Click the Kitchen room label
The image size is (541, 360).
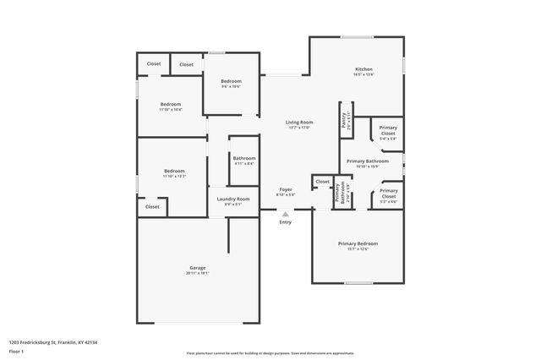point(363,69)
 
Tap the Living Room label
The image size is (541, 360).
point(300,122)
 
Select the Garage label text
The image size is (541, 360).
point(197,268)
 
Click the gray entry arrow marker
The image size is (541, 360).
point(286,215)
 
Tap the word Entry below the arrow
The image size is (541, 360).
point(286,222)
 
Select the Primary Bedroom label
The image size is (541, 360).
point(358,243)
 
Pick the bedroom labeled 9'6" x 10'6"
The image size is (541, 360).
point(231,81)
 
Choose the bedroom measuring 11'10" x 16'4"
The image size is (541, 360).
point(170,104)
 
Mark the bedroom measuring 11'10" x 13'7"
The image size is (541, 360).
point(174,171)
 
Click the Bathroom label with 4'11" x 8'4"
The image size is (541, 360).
point(244,157)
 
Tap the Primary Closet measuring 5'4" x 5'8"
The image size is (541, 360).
point(388,130)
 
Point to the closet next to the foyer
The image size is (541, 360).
point(323,181)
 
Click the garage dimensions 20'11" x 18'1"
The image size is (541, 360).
point(197,273)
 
